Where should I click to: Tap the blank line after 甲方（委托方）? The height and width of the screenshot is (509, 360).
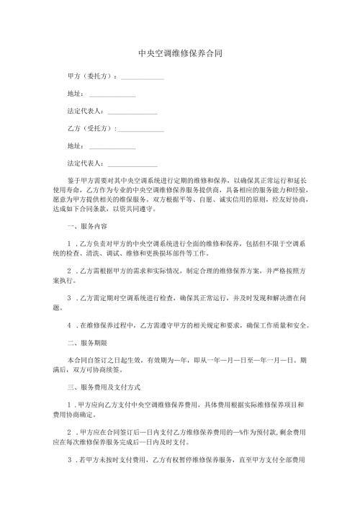(143, 77)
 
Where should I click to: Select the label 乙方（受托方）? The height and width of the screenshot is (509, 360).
(90, 129)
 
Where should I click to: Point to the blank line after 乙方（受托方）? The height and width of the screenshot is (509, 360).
(140, 131)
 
